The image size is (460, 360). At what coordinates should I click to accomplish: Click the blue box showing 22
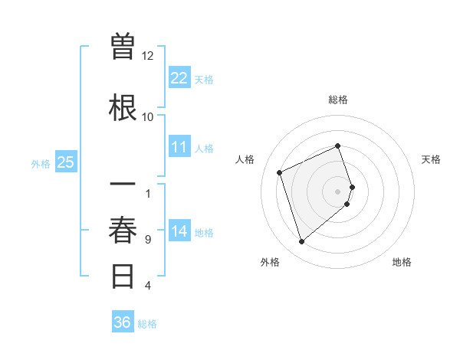coord(179,77)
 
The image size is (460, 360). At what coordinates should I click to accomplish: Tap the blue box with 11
coord(179,147)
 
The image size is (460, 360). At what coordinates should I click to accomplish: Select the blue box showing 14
coord(179,231)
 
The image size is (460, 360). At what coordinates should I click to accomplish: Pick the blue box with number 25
coord(65,162)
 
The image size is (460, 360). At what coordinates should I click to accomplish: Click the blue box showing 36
coord(123,322)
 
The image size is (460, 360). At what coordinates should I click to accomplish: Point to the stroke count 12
coord(148,56)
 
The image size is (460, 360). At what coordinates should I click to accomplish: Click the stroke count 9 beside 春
coord(148,240)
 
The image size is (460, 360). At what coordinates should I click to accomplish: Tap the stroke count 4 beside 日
coord(148,286)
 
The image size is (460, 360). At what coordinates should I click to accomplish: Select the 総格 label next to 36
coord(147,323)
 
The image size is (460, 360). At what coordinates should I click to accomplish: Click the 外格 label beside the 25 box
coord(40,163)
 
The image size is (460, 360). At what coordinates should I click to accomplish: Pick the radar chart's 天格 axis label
coord(431,159)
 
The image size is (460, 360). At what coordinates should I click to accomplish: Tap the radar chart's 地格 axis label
coord(402,262)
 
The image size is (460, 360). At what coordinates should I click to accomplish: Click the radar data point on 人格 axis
coord(281,172)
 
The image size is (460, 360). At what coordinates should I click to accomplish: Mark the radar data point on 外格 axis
coord(301,242)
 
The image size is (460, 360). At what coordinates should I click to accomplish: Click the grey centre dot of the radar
coord(338,191)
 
